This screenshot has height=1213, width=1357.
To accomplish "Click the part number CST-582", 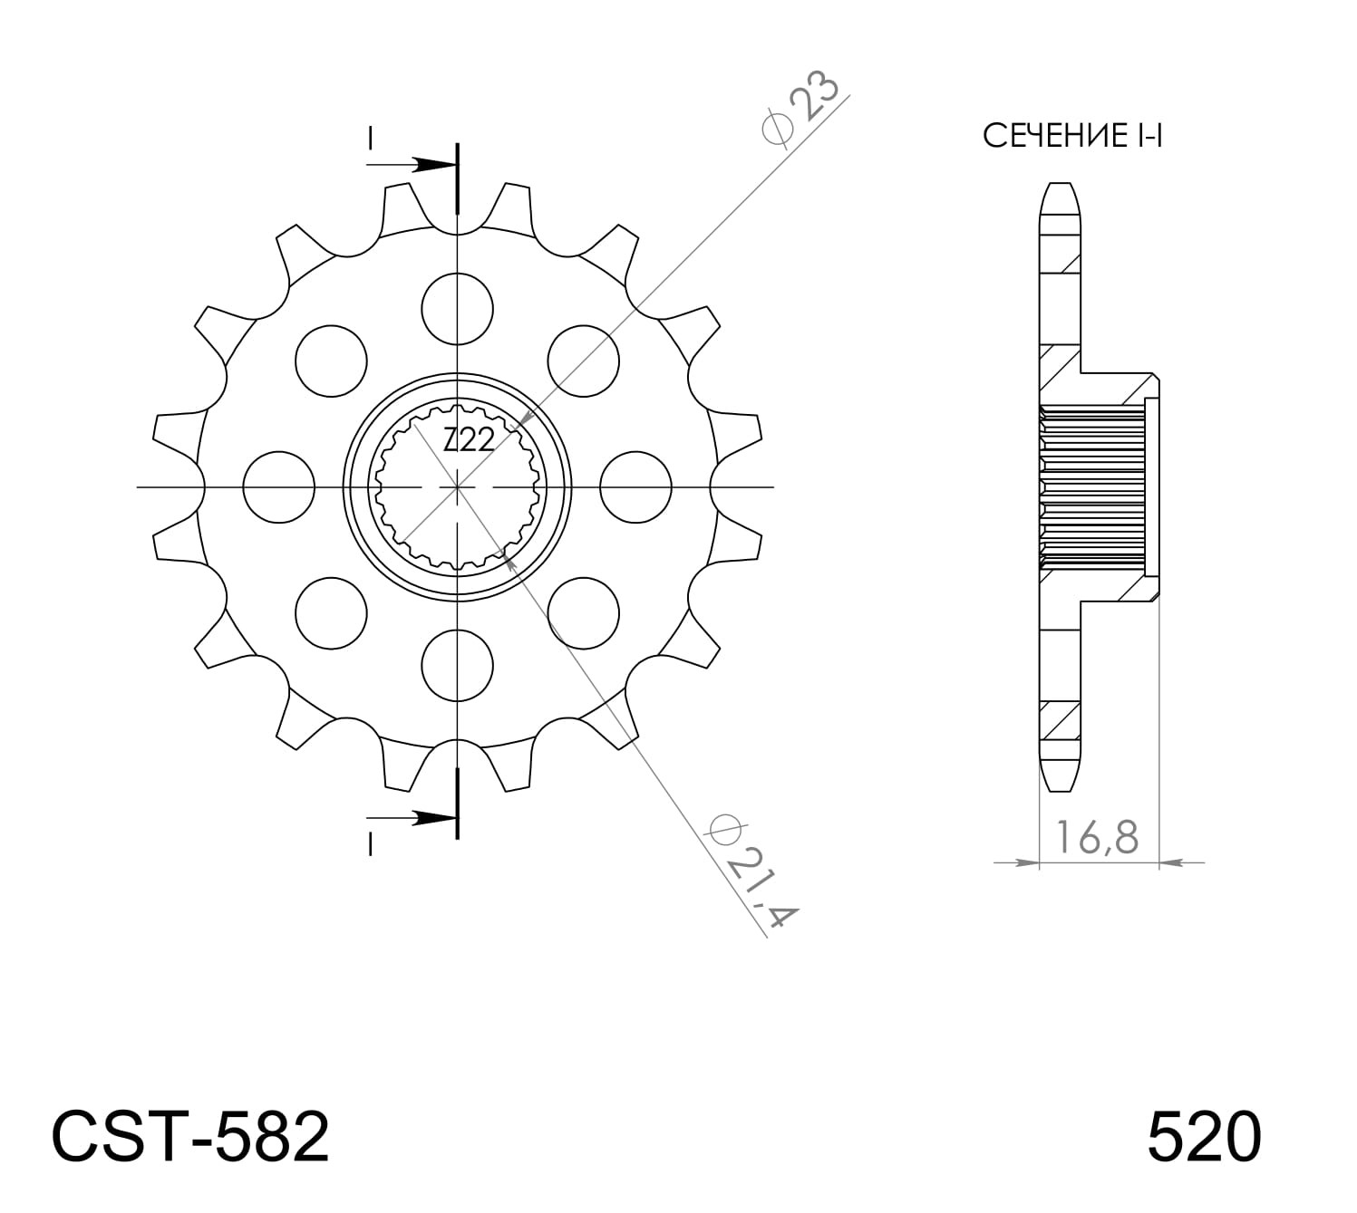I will point(190,1138).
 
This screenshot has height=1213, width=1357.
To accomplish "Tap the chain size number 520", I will point(1203,1138).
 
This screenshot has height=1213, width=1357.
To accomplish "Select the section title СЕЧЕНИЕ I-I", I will point(1072,137).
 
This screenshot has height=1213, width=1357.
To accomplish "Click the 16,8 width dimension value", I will point(1097,838).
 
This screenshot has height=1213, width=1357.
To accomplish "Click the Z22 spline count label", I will point(469,441).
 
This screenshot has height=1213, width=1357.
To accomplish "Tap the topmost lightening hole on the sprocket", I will point(459,309).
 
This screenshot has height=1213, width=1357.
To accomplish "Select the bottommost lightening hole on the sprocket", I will point(459,666).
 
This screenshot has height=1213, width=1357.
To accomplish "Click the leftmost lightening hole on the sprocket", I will point(279,487).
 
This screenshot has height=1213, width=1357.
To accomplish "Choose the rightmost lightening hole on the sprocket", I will point(637,487).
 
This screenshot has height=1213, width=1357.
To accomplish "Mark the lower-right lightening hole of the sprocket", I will point(585,613).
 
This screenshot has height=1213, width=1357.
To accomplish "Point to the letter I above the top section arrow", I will point(370,139).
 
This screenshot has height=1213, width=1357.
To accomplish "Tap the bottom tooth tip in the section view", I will point(1060,778).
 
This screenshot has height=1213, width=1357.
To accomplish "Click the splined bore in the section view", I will point(1092,487).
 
